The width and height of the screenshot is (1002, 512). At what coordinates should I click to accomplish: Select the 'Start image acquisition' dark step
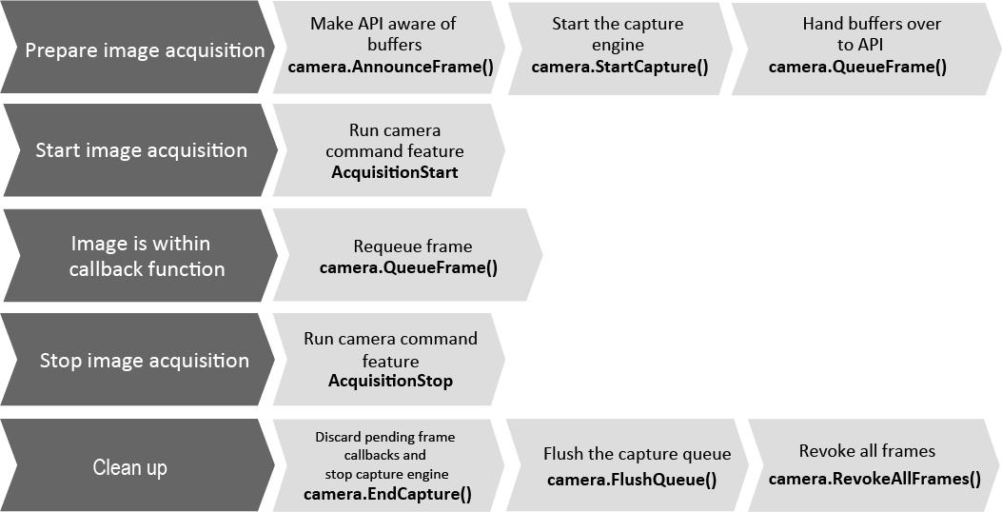[x=141, y=150]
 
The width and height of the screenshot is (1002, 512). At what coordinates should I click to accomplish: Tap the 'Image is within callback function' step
[x=147, y=256]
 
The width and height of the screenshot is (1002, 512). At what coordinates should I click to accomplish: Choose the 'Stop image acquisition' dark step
[x=144, y=361]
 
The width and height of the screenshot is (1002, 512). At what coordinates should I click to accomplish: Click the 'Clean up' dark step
[x=129, y=467]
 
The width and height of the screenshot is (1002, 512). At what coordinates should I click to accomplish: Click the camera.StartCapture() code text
[x=619, y=67]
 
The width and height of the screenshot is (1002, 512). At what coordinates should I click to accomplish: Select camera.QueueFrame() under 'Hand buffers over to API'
[x=857, y=67]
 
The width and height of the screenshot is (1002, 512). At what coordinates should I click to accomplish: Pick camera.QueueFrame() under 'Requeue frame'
[x=408, y=267]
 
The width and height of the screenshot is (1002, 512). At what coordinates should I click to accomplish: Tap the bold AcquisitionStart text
[x=394, y=172]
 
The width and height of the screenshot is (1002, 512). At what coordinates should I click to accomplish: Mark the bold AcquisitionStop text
[x=390, y=382]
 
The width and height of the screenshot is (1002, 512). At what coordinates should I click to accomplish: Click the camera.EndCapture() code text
[x=387, y=494]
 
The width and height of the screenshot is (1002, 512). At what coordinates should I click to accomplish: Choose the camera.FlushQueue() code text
[x=632, y=479]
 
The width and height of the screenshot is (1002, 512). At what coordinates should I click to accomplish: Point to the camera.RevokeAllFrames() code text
[x=874, y=478]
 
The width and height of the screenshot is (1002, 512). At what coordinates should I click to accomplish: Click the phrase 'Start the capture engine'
[x=618, y=34]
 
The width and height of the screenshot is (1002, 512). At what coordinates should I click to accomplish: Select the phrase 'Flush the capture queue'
[x=637, y=454]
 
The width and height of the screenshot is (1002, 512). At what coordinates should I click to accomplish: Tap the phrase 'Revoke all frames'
[x=867, y=451]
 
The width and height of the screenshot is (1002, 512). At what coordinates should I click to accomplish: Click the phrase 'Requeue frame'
[x=413, y=246]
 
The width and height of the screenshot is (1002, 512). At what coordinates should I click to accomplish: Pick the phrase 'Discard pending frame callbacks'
[x=384, y=445]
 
